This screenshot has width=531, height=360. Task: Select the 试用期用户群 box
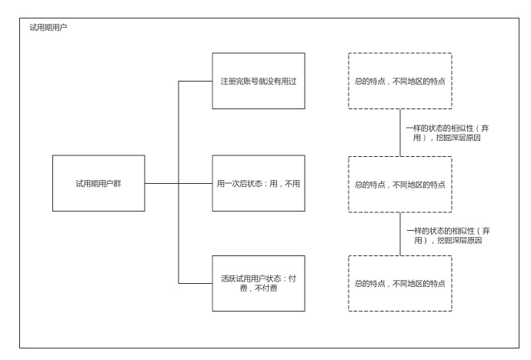point(99,185)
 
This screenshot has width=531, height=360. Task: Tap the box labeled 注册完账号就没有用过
point(259,80)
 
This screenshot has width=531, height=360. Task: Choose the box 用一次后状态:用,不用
point(259,185)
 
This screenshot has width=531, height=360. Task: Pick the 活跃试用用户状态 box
point(259,282)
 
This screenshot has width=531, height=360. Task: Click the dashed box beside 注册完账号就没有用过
point(399,80)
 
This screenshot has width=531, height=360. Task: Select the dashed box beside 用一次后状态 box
point(399,185)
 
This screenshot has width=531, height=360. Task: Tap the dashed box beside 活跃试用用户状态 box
point(399,282)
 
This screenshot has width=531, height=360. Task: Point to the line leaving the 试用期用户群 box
point(162,185)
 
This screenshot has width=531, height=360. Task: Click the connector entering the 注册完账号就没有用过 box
point(195,80)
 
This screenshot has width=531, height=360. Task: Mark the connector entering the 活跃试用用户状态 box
point(195,283)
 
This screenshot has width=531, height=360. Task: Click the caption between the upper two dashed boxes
point(442,132)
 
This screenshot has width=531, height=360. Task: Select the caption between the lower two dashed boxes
point(442,235)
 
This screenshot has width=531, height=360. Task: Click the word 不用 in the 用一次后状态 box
point(289,185)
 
